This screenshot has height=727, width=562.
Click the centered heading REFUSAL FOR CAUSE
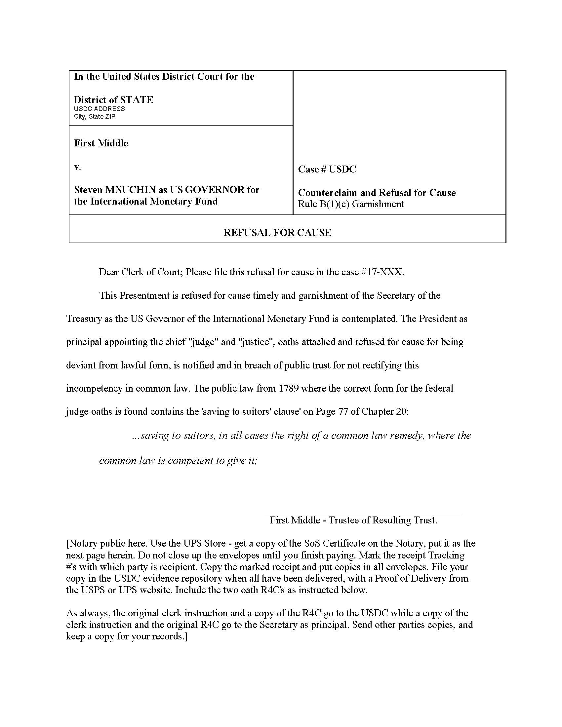[277, 233]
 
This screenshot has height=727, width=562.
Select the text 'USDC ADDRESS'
[99, 109]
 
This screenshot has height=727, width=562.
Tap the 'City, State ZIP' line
[95, 117]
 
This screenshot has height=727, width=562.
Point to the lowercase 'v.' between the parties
[78, 167]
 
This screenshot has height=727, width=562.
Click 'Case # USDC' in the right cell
[327, 170]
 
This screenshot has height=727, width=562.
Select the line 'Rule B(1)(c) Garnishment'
[351, 204]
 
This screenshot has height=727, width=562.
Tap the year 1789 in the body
[288, 389]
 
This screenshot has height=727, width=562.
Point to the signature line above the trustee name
[363, 514]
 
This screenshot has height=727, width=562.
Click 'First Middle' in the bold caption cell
[101, 143]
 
